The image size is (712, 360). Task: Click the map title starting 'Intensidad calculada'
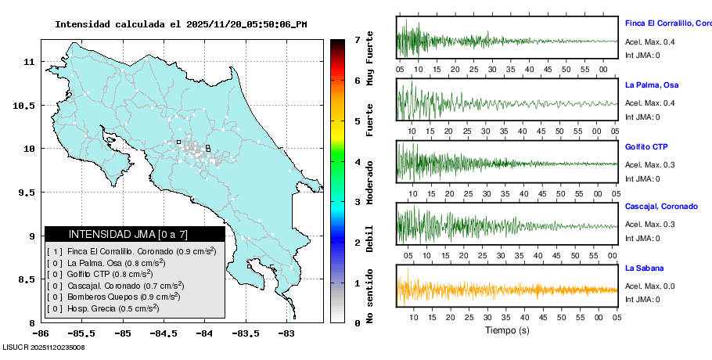(x=181, y=24)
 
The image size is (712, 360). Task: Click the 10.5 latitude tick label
(x=28, y=105)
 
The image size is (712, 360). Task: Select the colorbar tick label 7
(x=357, y=39)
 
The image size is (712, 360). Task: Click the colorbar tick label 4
(x=357, y=161)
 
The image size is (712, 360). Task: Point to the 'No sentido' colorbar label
(x=370, y=296)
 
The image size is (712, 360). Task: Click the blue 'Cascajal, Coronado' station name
(x=661, y=207)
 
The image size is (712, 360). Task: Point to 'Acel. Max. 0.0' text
(x=649, y=287)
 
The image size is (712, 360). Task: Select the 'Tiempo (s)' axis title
(x=507, y=330)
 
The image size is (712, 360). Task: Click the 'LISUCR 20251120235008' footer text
(x=44, y=347)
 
